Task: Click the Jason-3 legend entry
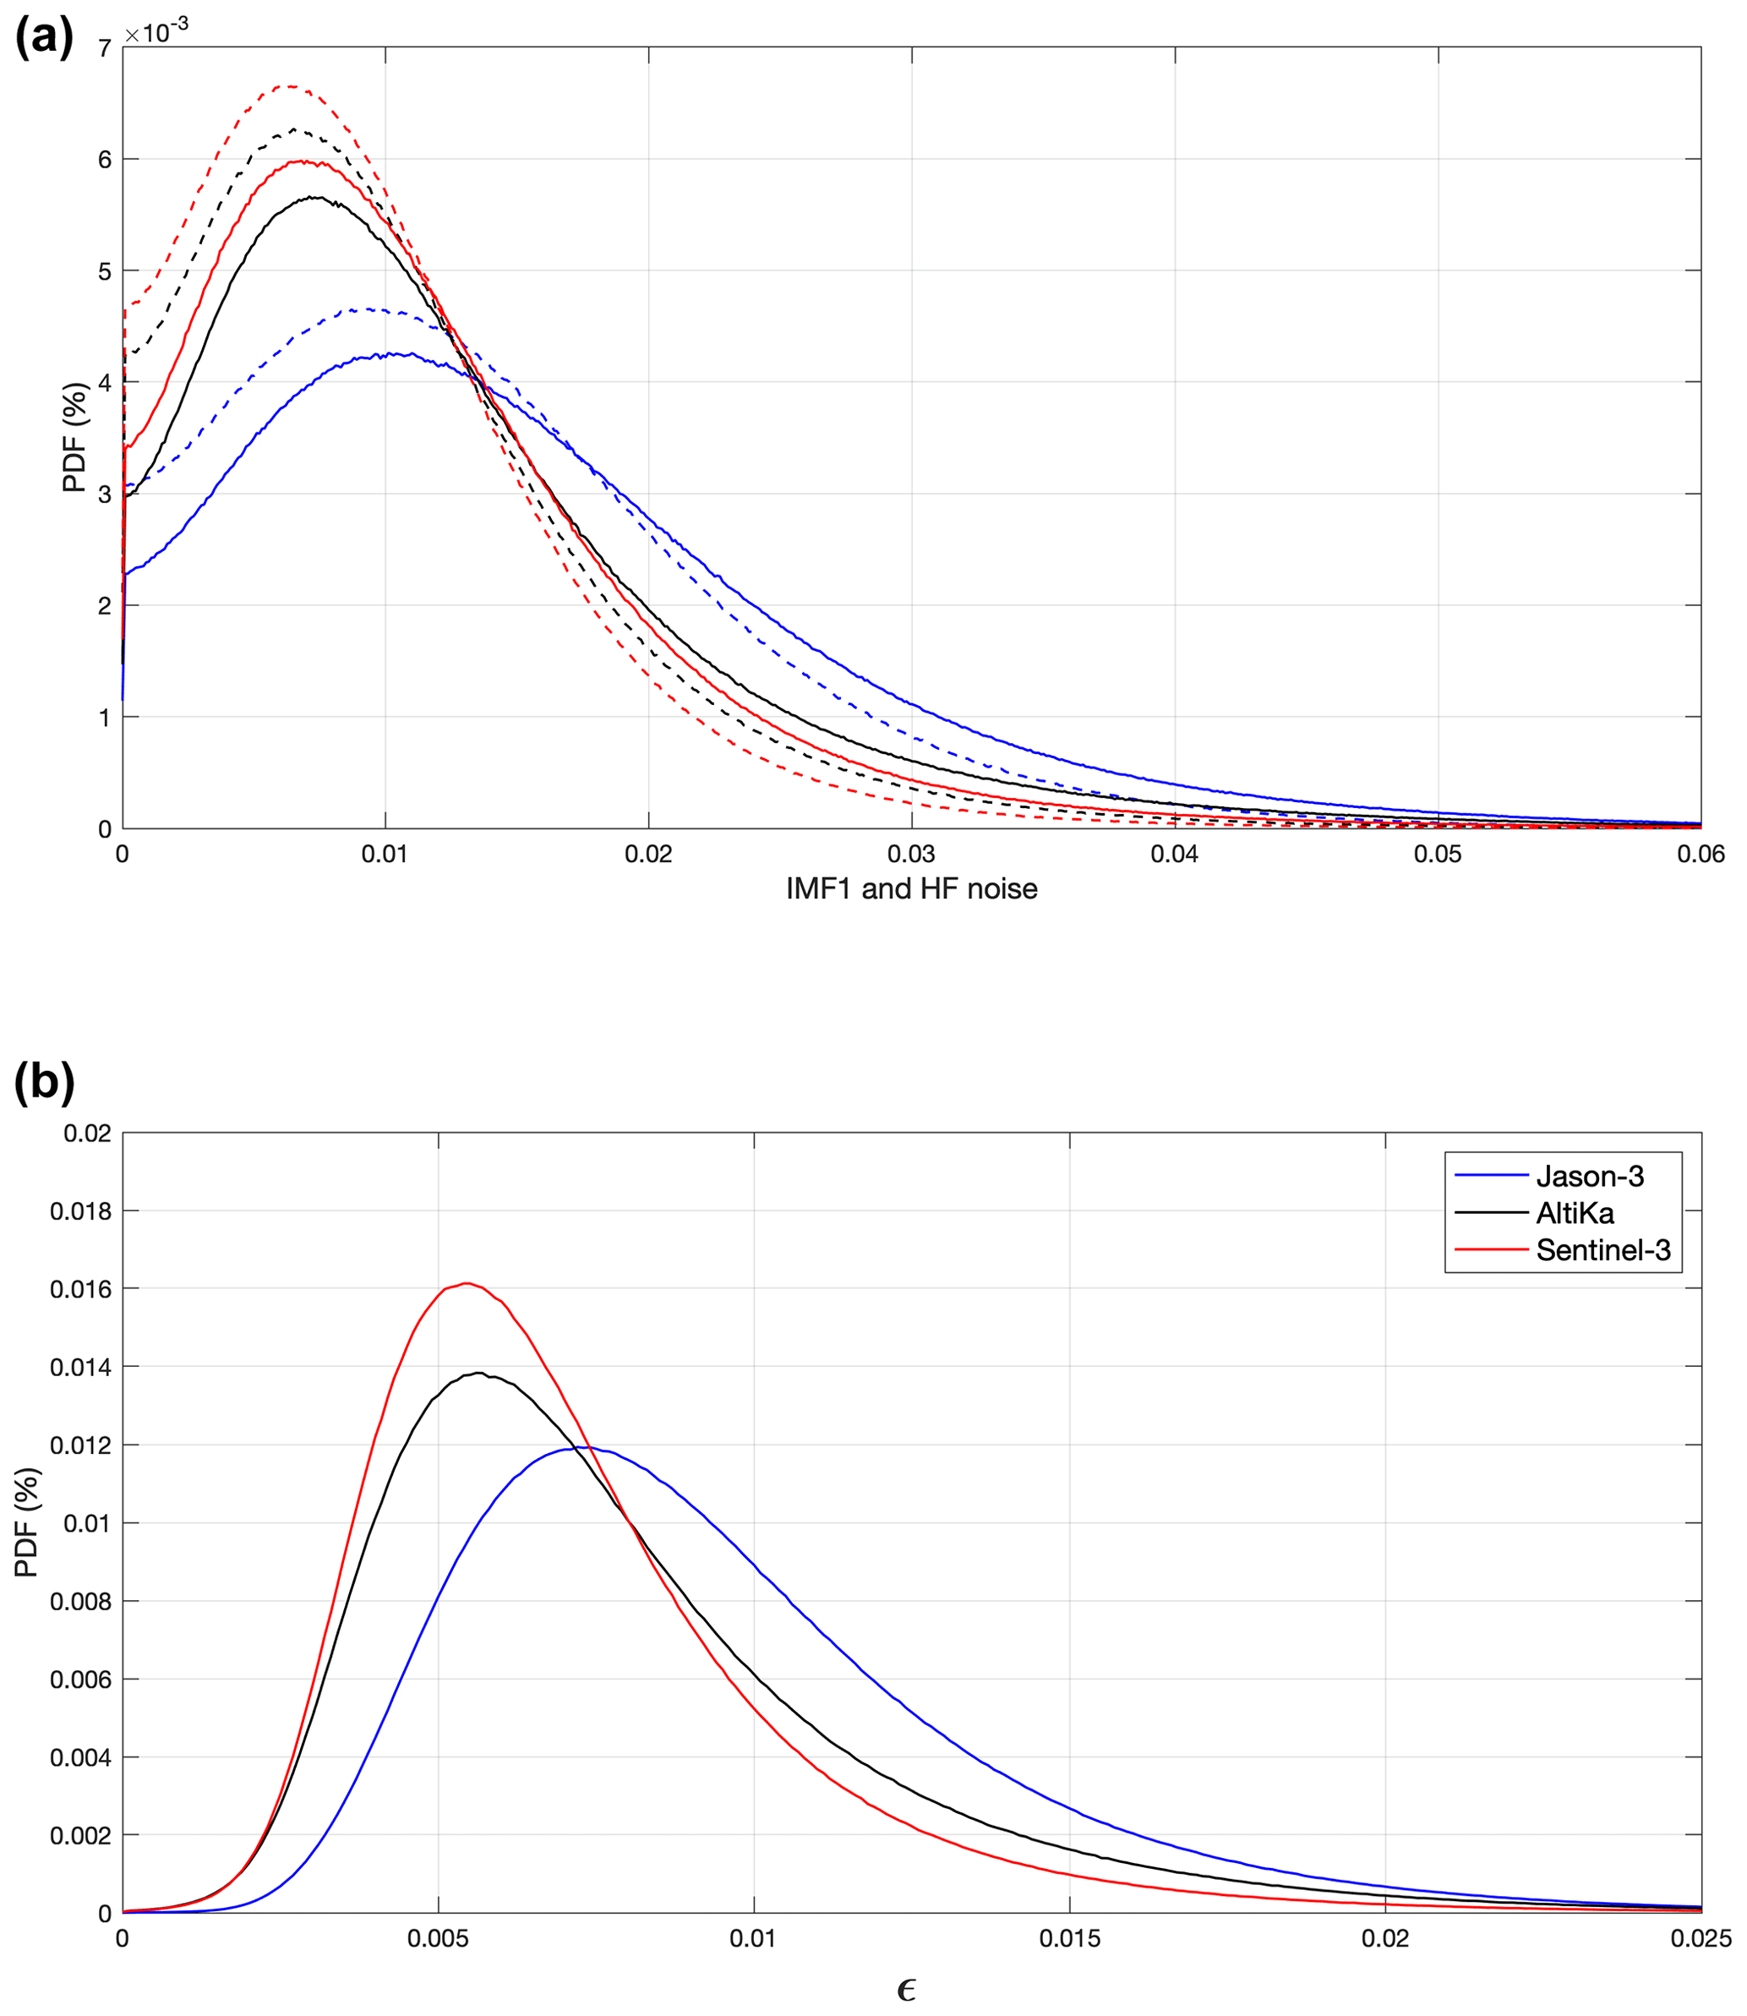tap(1589, 1177)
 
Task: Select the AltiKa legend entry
tap(1575, 1214)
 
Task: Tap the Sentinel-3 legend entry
tap(1602, 1250)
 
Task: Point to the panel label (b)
tap(44, 1082)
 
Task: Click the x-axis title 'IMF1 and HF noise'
tap(911, 889)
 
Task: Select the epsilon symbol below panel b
tap(906, 1989)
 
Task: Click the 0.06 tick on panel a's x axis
tap(1701, 855)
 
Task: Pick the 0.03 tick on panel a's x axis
tap(911, 855)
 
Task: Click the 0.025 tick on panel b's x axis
tap(1701, 1939)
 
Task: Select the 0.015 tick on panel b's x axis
tap(1069, 1939)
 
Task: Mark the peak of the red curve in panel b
tap(467, 1283)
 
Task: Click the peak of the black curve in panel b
tap(478, 1374)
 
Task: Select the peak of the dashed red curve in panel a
tap(290, 85)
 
